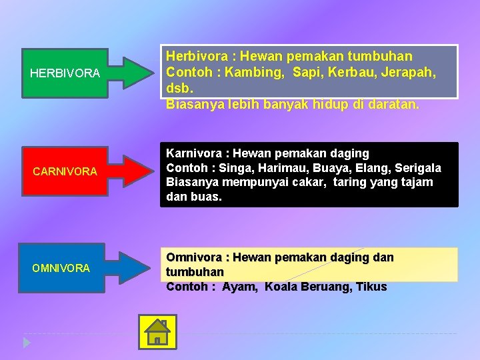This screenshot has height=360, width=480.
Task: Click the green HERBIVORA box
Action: point(65,72)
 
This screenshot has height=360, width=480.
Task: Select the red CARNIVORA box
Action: point(65,171)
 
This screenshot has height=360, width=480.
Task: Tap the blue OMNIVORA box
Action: point(61,267)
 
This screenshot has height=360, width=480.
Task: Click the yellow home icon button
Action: point(157,331)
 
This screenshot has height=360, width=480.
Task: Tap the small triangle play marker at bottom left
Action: point(26,343)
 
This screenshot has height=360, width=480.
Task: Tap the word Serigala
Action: point(415,167)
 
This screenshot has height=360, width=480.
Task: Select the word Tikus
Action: point(371,287)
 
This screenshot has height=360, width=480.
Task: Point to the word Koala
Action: point(283,287)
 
